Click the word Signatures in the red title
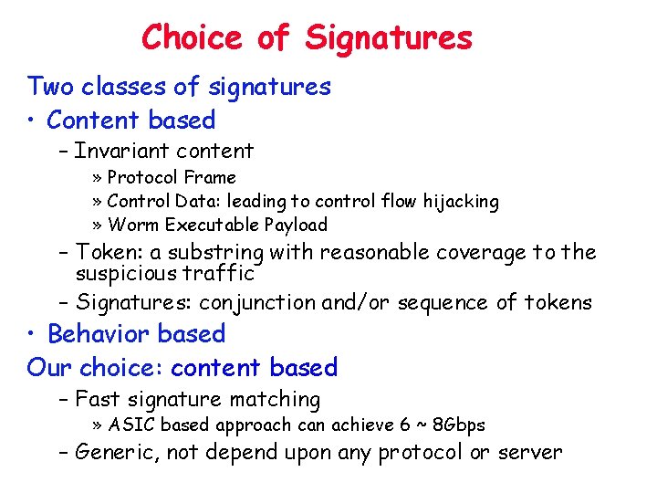[x=389, y=37]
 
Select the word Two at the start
[x=50, y=87]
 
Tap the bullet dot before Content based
[x=33, y=121]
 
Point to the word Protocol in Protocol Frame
[x=143, y=177]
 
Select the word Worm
[x=130, y=225]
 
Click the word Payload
[x=295, y=225]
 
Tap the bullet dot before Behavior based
[x=33, y=334]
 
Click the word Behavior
[x=98, y=334]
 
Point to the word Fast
[x=97, y=399]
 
